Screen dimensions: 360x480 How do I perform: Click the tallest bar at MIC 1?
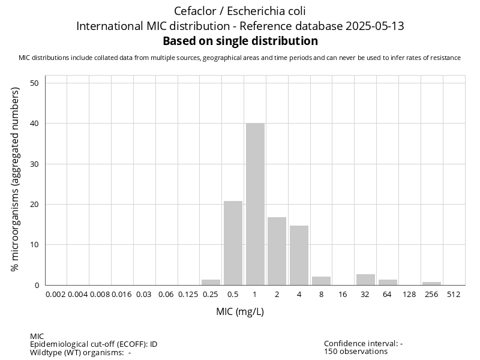(255, 204)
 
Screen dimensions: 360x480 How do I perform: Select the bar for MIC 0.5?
(233, 243)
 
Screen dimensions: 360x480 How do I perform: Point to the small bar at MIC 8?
(321, 281)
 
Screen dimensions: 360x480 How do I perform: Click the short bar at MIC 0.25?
(211, 282)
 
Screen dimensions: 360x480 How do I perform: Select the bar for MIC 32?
(365, 280)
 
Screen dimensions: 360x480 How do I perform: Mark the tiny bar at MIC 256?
(431, 283)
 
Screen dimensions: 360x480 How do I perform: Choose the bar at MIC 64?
(388, 282)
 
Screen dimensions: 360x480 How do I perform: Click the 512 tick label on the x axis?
(454, 295)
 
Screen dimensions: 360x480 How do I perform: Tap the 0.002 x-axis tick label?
(56, 295)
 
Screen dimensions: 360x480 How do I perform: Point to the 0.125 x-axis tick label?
(188, 295)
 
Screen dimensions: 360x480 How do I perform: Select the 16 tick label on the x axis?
(343, 295)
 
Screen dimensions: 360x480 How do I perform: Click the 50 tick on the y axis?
(35, 83)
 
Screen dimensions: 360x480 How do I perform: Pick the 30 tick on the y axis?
(35, 164)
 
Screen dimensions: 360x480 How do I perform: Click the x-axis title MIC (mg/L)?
(240, 312)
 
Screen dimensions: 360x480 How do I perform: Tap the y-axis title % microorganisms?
(16, 179)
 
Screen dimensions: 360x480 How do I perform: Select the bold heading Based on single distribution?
(240, 41)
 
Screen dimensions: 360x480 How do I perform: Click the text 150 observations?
(356, 352)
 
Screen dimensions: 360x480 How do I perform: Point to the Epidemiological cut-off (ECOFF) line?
(94, 344)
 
